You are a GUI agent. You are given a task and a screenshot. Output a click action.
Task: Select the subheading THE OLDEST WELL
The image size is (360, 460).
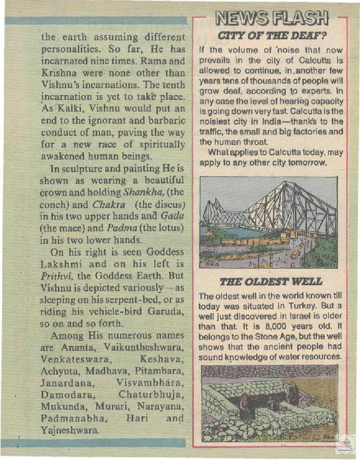[271, 282]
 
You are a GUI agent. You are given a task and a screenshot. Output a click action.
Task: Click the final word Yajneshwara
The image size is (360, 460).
[70, 430]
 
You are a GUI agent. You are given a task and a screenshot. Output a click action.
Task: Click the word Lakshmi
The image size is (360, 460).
[62, 264]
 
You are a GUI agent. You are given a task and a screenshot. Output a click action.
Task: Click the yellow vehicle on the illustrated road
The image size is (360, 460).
[295, 253]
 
